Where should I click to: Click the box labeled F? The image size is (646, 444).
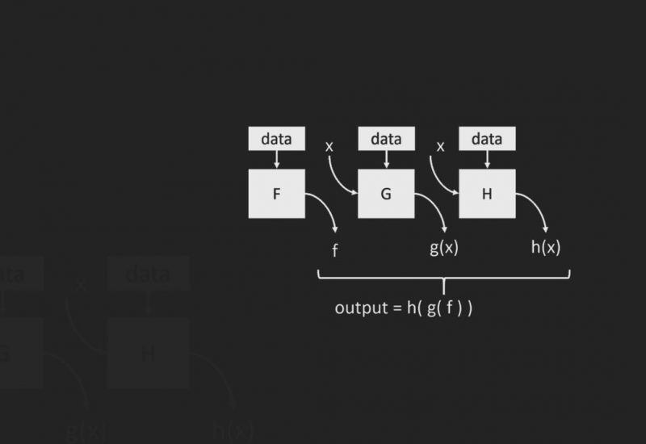coord(276,194)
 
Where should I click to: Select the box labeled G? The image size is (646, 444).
coord(385,194)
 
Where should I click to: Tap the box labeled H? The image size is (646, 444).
coord(487,194)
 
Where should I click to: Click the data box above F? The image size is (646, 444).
coord(276,139)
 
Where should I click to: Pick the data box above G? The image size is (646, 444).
coord(385,139)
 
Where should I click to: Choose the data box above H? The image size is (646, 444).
coord(487,139)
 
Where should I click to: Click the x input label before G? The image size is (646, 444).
coord(329,147)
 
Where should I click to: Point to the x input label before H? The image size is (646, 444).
coord(440,147)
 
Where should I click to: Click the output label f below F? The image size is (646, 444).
coord(334,250)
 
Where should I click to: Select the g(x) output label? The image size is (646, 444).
coord(443,248)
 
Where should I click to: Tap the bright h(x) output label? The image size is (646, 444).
coord(546,248)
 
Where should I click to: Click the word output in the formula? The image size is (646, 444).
coord(361,308)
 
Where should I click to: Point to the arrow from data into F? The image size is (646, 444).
coord(276,160)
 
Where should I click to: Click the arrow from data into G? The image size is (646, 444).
coord(385,160)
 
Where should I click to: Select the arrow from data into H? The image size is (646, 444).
coord(487,160)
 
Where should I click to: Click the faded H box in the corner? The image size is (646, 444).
coord(148,353)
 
